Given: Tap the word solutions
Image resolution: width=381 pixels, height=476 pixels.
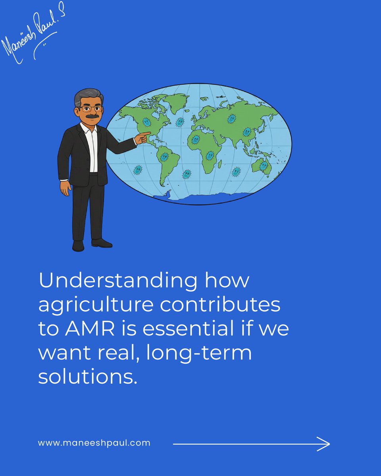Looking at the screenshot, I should tap(88, 376).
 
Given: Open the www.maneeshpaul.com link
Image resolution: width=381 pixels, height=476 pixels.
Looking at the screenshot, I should tap(94, 443).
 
